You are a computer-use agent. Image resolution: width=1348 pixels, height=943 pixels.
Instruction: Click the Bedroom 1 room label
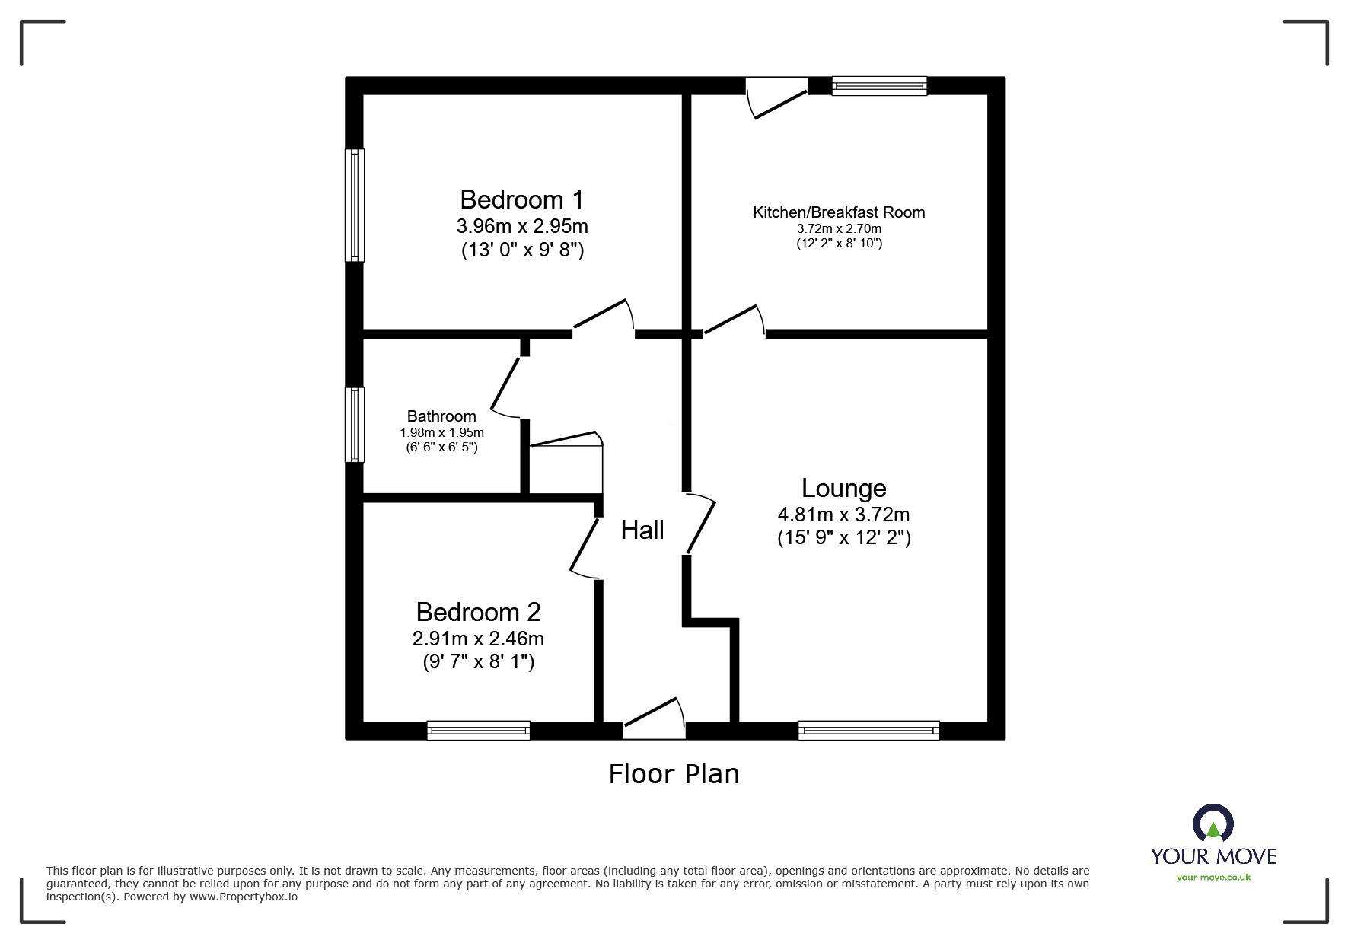(521, 199)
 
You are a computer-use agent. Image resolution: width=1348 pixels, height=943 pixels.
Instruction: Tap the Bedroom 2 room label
(478, 612)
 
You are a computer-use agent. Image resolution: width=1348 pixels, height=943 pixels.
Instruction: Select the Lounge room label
(843, 488)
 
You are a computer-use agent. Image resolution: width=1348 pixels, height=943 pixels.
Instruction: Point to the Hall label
(642, 530)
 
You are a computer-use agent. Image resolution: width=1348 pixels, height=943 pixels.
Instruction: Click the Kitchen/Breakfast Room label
(839, 212)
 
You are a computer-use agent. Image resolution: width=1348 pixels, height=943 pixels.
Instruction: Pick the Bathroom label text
(441, 416)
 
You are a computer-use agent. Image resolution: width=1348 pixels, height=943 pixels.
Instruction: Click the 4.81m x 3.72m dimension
(843, 515)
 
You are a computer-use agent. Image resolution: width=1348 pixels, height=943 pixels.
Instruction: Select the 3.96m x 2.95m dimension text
(522, 226)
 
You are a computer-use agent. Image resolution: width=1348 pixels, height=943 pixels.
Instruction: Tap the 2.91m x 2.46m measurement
(478, 639)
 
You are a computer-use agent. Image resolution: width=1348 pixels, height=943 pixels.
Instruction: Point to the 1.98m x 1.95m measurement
(441, 432)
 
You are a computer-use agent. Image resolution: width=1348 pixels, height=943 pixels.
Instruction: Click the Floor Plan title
(674, 774)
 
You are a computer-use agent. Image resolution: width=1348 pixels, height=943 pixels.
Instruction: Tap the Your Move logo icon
(1213, 824)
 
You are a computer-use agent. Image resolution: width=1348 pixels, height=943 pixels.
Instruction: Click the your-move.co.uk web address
(1213, 878)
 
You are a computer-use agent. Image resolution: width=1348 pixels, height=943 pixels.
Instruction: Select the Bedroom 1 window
(355, 205)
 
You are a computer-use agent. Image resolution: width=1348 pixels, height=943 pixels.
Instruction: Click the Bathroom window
(355, 424)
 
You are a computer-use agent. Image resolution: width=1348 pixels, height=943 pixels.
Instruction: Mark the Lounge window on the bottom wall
(868, 731)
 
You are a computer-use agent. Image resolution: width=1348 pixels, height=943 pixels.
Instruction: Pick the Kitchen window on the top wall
(879, 86)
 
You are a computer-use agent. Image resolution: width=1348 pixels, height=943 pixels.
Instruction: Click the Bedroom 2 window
(478, 731)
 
